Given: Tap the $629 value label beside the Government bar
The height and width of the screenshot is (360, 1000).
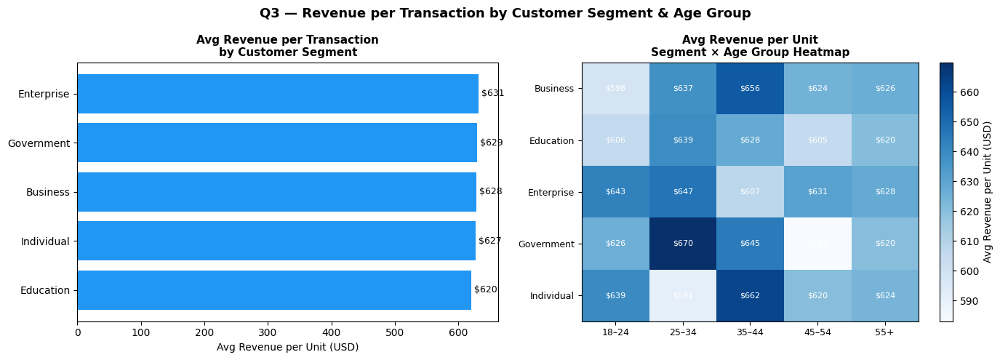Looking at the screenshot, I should [491, 143].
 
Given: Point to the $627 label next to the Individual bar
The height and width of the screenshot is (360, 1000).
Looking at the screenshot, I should [489, 241].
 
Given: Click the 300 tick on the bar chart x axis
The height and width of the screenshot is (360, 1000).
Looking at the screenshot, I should [268, 332].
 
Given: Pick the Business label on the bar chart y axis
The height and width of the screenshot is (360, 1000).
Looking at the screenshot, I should [48, 192].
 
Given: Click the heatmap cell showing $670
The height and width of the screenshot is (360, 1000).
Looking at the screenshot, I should [683, 244].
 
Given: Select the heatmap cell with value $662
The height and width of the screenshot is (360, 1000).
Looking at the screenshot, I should [750, 295].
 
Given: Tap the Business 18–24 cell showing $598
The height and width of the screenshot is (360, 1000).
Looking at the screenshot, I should [615, 88].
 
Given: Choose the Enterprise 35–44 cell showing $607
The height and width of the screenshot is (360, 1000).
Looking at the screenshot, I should [750, 192].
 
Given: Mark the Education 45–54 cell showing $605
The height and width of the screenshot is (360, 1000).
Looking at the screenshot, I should [817, 140].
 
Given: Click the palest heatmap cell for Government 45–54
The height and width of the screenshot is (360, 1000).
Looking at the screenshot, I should [817, 244].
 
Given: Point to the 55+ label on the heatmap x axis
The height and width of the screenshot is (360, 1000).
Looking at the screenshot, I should [884, 331].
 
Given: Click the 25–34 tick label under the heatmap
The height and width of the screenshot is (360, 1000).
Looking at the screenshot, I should [683, 331].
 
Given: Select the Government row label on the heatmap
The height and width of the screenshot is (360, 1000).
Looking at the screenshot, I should [546, 244].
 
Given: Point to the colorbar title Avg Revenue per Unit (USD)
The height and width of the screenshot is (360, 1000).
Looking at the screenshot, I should [988, 192].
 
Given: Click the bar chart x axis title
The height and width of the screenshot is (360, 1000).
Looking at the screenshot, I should [287, 347].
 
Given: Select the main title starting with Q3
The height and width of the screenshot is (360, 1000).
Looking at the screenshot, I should [505, 13].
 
